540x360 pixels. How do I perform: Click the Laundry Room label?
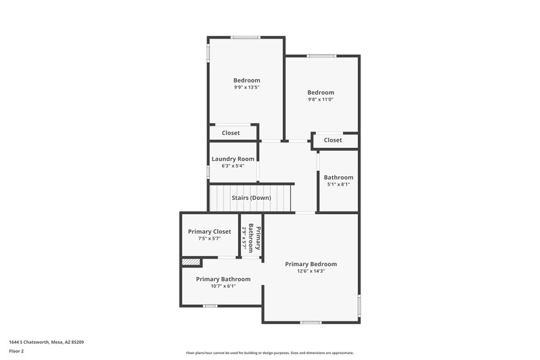(232, 159)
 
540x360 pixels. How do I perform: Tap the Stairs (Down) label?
(251, 198)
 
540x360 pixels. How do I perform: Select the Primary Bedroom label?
(310, 264)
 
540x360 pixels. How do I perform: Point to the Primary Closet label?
(209, 232)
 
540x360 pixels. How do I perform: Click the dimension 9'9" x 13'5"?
(246, 87)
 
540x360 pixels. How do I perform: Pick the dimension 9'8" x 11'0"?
(321, 99)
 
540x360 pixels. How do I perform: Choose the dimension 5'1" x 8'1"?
(338, 184)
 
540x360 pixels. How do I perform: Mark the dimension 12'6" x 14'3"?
(310, 271)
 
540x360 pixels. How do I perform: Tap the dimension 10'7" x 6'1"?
(223, 286)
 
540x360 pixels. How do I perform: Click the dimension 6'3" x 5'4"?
(232, 165)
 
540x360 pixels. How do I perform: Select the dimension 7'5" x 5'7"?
(209, 238)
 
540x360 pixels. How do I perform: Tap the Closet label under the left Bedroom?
(231, 133)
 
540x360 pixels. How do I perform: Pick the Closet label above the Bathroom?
(333, 140)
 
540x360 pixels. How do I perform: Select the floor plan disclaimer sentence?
(269, 353)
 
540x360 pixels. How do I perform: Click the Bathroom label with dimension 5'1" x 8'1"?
(338, 178)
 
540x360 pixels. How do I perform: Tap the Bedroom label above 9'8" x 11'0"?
(321, 93)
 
